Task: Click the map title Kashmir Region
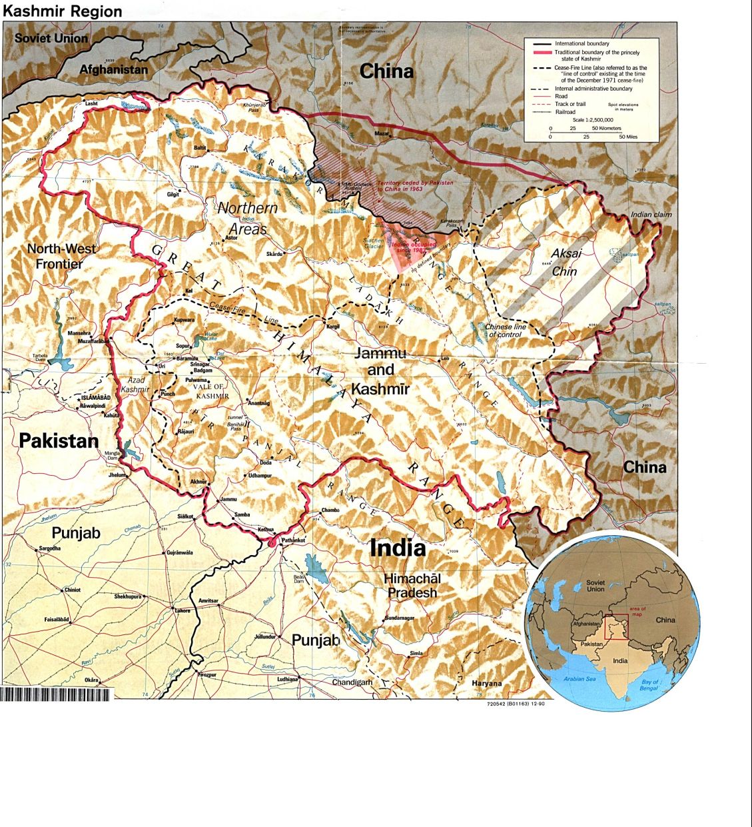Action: click(x=63, y=11)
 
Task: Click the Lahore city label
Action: click(x=182, y=610)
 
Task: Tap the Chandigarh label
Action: click(x=352, y=682)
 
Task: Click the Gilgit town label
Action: click(x=173, y=194)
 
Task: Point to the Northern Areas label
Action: click(x=247, y=218)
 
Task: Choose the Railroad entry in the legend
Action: click(x=565, y=112)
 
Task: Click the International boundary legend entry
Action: click(x=581, y=43)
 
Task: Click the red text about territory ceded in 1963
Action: click(x=415, y=186)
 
